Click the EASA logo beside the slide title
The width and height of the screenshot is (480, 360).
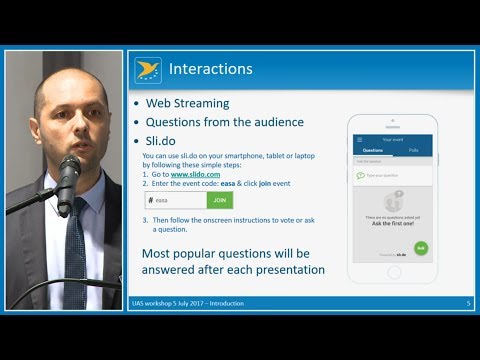pyautogui.click(x=148, y=70)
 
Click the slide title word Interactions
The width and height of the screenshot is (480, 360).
pyautogui.click(x=210, y=69)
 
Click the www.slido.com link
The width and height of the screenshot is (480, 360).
pyautogui.click(x=195, y=174)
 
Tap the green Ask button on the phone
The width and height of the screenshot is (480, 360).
pyautogui.click(x=421, y=248)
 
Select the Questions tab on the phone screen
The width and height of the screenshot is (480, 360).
pyautogui.click(x=372, y=150)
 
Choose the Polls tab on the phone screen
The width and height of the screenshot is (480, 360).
pyautogui.click(x=414, y=150)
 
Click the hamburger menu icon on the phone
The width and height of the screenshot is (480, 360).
pyautogui.click(x=360, y=139)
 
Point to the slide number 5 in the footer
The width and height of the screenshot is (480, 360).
pyautogui.click(x=468, y=303)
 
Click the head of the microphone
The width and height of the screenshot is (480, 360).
pyautogui.click(x=68, y=171)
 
